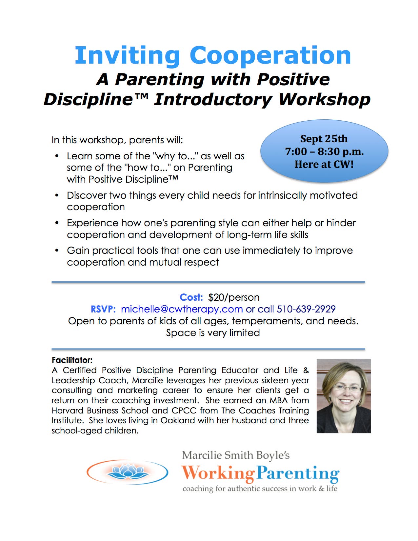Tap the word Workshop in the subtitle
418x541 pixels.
(324, 100)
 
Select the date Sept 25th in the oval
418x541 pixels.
(324, 139)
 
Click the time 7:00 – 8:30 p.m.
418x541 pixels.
(324, 151)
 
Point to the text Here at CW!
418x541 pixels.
(324, 164)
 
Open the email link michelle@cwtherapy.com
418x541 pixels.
(182, 309)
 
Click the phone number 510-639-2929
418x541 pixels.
(306, 309)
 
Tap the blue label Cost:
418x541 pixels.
(191, 297)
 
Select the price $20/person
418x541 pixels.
(234, 297)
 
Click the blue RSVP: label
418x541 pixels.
(103, 309)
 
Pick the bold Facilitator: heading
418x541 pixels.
(72, 360)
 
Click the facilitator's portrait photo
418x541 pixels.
(344, 396)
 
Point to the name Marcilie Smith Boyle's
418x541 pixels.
(236, 455)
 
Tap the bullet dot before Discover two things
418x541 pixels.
(57, 195)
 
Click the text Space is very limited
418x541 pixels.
(213, 333)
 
